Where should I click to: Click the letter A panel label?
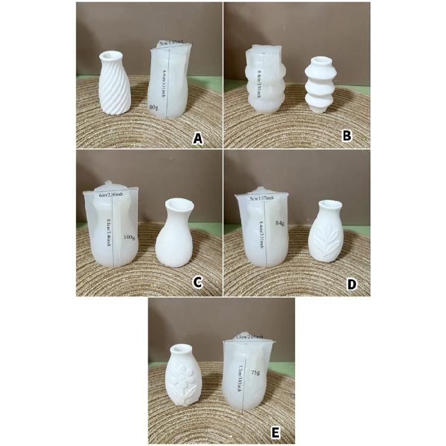[199, 139]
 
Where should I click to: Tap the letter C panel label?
[199, 284]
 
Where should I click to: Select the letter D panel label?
[351, 284]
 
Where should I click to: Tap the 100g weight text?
[129, 238]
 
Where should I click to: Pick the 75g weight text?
[255, 372]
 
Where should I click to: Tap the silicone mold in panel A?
[169, 80]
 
